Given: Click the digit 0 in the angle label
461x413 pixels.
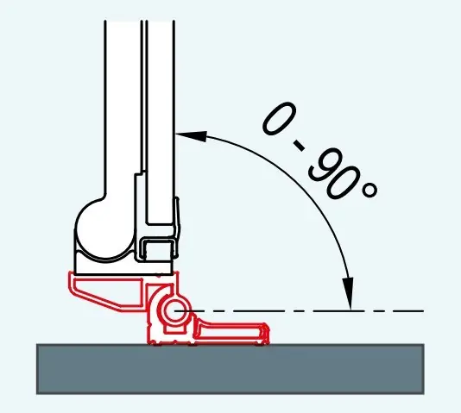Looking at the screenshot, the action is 279,119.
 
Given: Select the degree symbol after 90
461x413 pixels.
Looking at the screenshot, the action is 369,190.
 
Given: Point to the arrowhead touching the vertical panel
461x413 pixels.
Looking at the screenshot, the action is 191,136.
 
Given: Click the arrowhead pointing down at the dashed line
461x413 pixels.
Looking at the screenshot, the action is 350,293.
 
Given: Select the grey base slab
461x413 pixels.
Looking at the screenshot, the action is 230,369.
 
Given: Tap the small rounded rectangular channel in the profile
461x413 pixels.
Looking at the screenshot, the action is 158,249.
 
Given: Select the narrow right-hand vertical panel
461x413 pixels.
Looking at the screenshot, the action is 161,122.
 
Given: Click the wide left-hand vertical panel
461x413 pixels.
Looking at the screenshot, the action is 123,109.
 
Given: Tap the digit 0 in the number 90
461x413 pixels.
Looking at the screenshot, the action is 343,183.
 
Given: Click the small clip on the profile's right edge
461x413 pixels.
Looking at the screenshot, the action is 177,226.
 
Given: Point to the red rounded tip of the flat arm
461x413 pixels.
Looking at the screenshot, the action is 266,334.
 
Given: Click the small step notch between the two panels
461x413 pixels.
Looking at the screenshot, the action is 141,173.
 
